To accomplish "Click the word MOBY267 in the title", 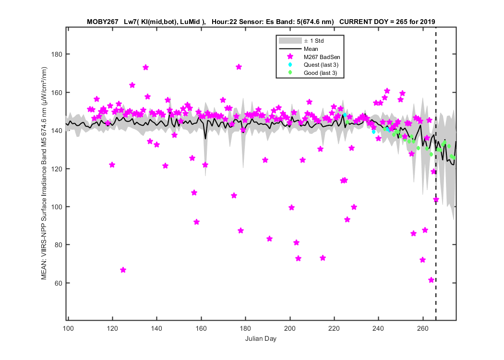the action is [x=103, y=22].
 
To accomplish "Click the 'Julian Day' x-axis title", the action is [x=261, y=338].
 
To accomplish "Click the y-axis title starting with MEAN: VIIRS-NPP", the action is [x=44, y=173].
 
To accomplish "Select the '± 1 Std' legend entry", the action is [x=301, y=41].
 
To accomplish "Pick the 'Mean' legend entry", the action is [x=299, y=49].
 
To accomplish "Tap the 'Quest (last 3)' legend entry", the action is [x=313, y=65].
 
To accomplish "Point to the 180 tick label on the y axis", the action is [x=57, y=54].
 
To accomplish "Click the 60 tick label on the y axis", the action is [x=59, y=283].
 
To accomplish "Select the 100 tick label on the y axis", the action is [x=57, y=207].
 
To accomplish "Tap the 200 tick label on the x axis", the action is [x=290, y=328].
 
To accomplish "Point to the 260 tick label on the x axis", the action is [x=423, y=328].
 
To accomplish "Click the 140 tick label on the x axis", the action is [x=157, y=328].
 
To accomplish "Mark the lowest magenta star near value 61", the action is [x=432, y=280].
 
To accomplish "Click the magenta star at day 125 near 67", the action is [x=123, y=270].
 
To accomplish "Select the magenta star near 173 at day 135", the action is [x=145, y=68].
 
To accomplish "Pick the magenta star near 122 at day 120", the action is [x=112, y=165].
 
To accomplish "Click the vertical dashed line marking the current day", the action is [x=436, y=174].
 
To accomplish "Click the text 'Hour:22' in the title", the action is [x=223, y=22].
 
